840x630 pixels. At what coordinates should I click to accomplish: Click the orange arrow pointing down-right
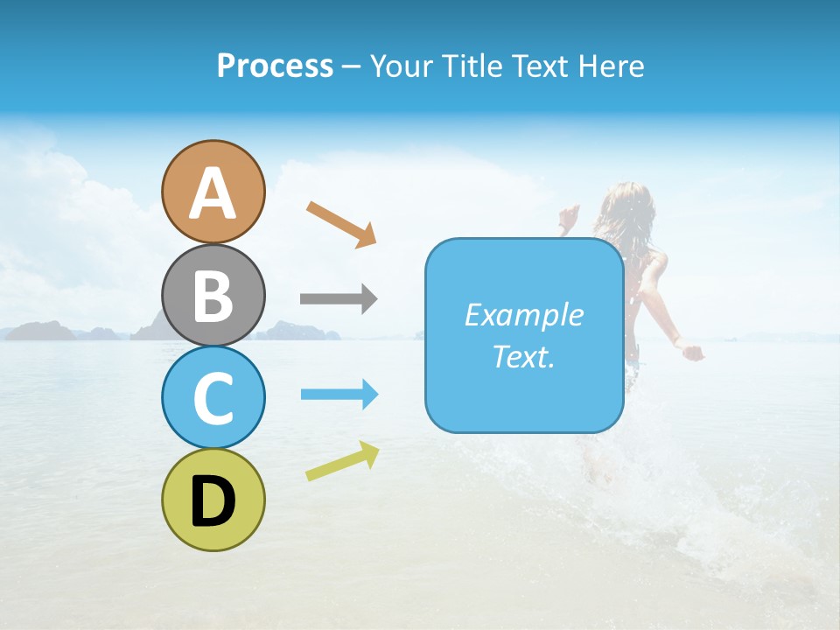(341, 224)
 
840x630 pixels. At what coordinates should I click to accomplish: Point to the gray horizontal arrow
(338, 299)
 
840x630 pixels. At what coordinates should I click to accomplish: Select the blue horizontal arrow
(339, 395)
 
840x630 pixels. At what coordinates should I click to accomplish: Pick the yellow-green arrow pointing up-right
(342, 461)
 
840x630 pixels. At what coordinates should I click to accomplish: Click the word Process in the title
(275, 66)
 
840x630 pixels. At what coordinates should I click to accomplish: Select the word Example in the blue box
(523, 315)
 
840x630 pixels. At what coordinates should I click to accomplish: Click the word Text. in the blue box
(523, 357)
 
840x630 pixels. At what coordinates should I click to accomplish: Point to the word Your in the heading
(401, 66)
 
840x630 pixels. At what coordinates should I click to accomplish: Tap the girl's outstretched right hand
(693, 353)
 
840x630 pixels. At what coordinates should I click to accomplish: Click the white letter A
(213, 194)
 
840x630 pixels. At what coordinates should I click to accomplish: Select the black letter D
(213, 502)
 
